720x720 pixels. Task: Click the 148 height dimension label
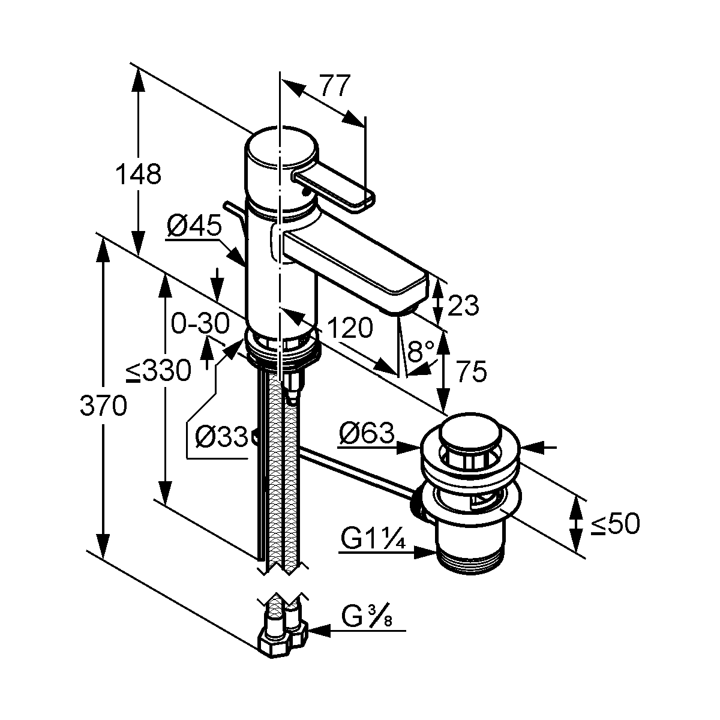click(x=138, y=174)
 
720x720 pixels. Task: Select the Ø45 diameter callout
click(x=194, y=226)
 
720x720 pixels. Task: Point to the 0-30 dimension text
click(x=200, y=323)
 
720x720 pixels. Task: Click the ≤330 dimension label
click(x=158, y=371)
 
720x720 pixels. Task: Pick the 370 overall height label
click(x=103, y=406)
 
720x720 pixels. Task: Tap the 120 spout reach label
click(x=350, y=328)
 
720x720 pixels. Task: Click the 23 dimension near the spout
click(x=463, y=305)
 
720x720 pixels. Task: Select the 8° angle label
click(x=421, y=350)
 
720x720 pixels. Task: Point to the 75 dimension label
click(x=472, y=371)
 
